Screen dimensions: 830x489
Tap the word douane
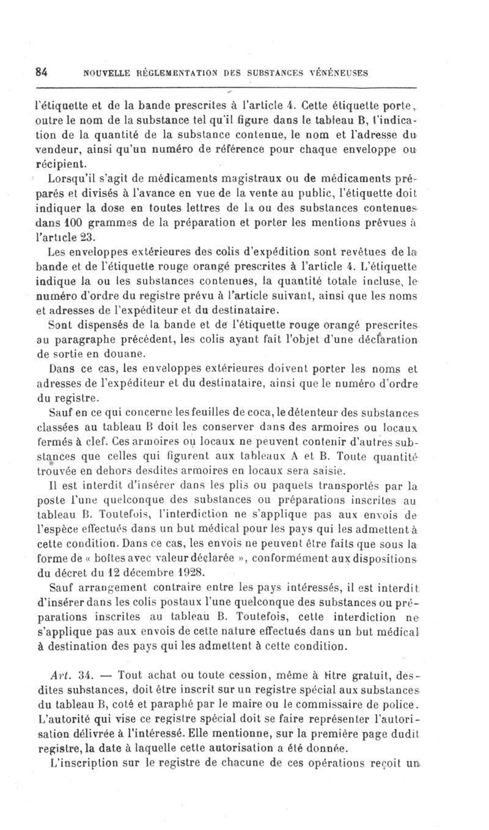point(126,354)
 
